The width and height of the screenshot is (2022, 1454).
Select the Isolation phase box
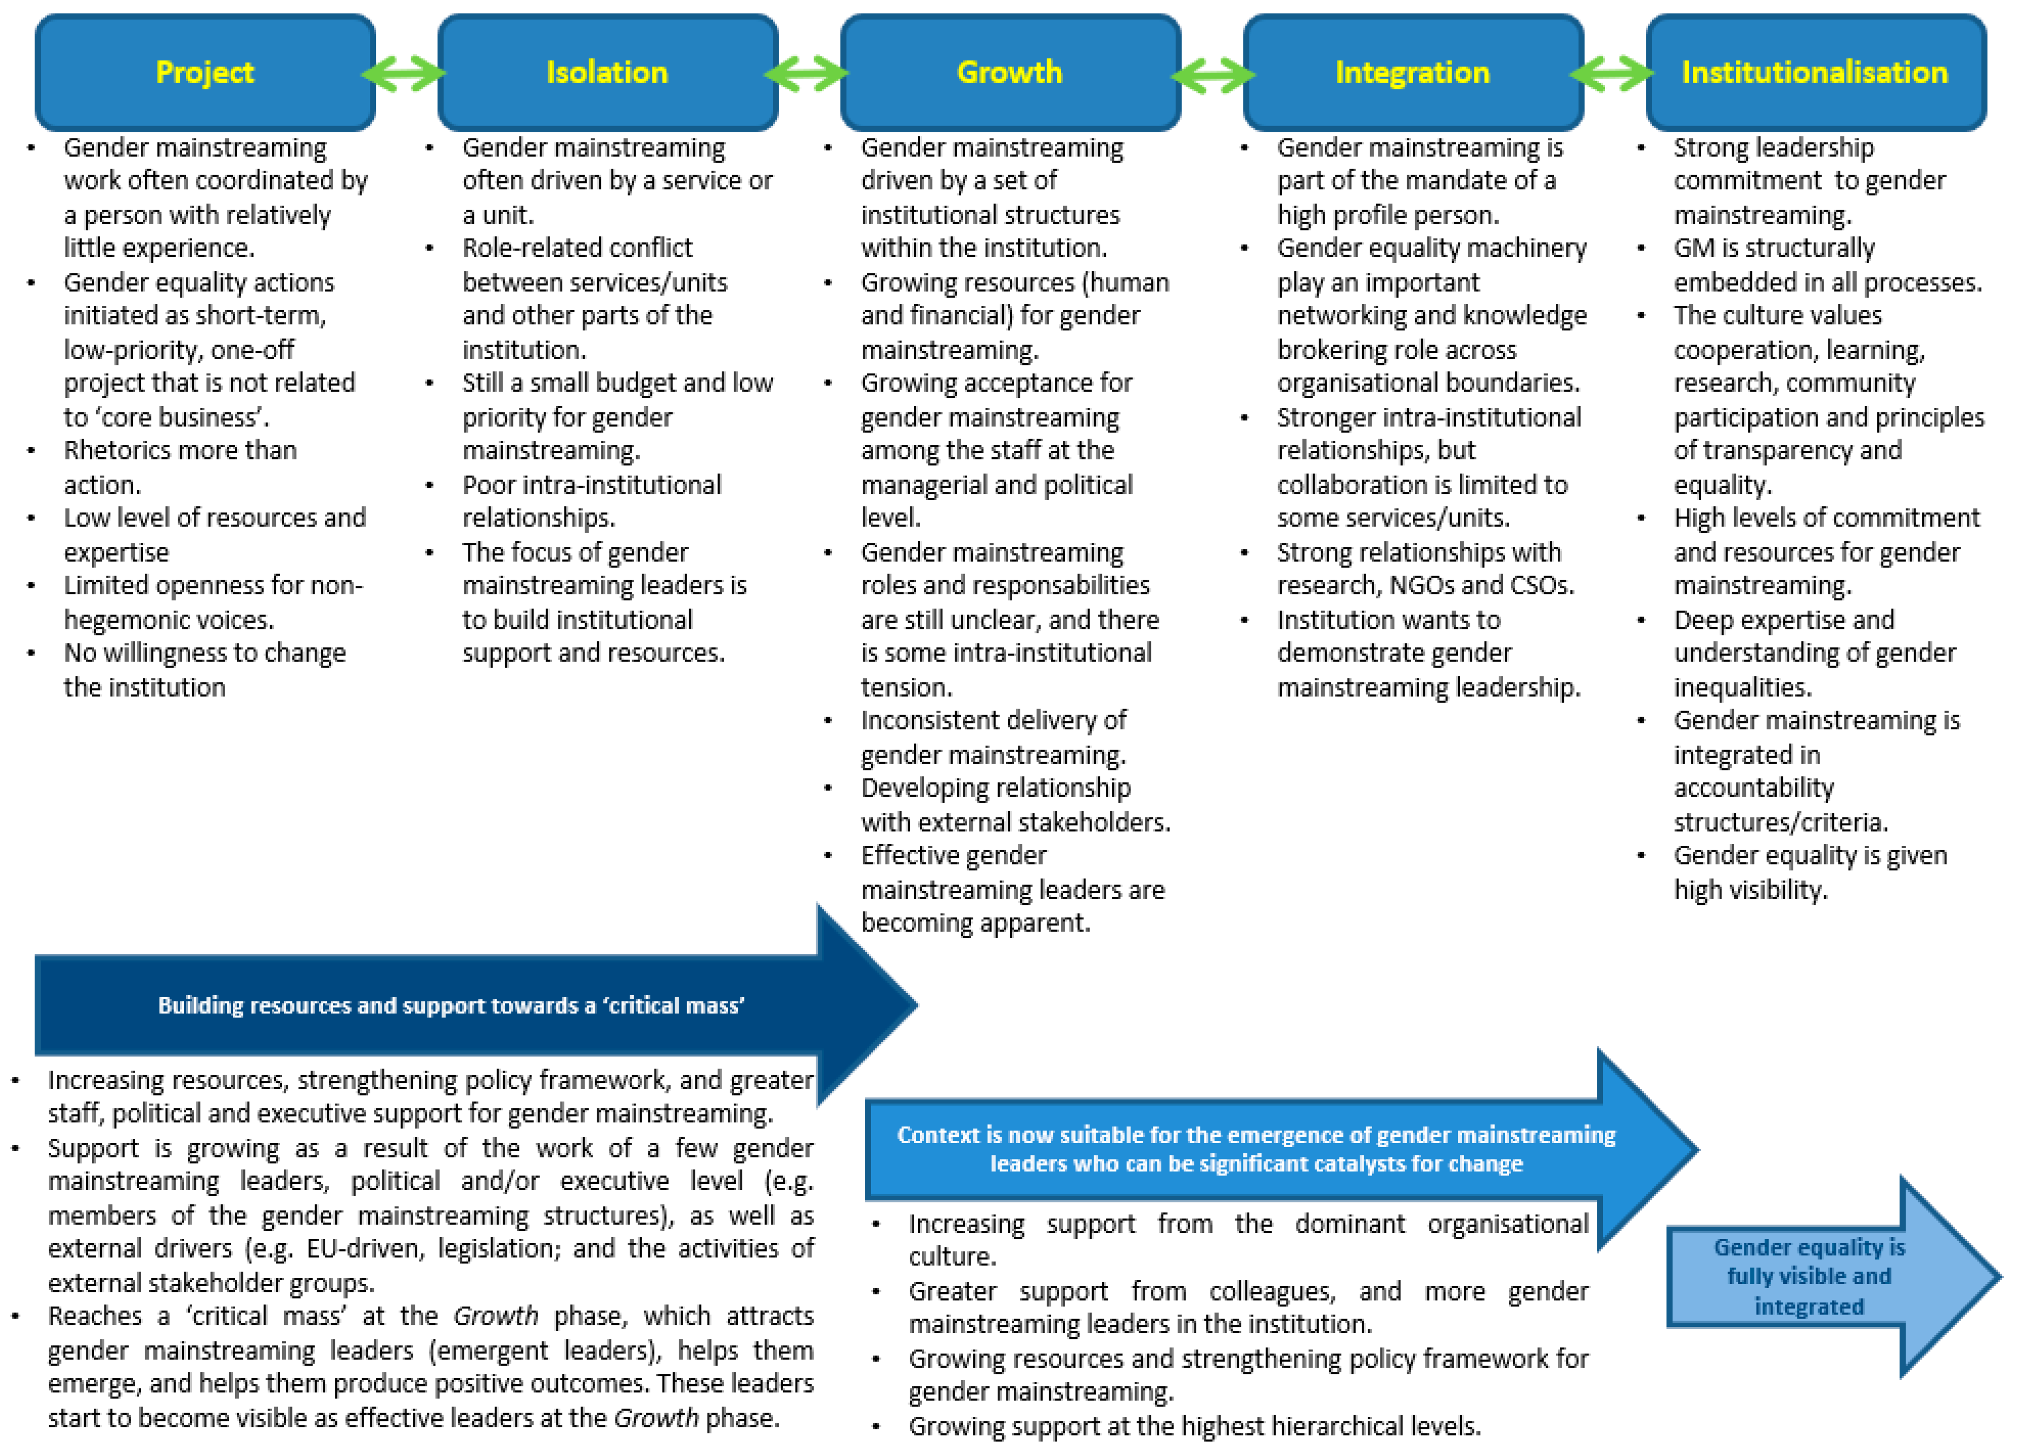pos(607,72)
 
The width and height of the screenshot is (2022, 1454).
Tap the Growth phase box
pos(1010,72)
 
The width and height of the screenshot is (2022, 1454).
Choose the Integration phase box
pos(1413,72)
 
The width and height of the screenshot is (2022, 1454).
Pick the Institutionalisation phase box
pos(1815,72)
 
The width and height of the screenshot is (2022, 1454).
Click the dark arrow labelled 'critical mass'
pos(451,1006)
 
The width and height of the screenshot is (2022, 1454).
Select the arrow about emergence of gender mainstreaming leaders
pos(1256,1149)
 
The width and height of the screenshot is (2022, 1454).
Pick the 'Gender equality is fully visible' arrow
pos(1810,1277)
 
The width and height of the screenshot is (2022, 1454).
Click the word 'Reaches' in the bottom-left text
pos(95,1317)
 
